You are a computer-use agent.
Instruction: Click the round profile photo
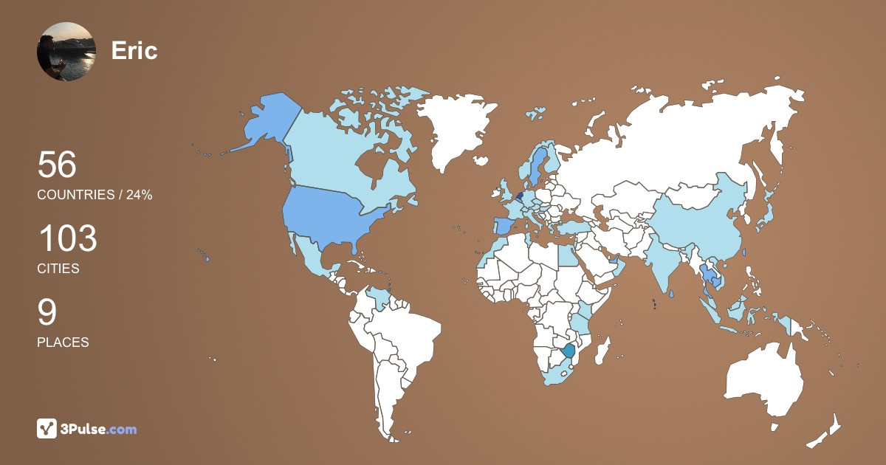(x=66, y=51)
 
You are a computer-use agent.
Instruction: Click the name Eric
(x=134, y=51)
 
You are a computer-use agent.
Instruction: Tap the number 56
(x=57, y=165)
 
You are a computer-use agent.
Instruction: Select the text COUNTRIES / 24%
(x=95, y=195)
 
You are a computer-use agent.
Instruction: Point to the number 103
(x=67, y=239)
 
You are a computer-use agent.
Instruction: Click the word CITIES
(x=58, y=269)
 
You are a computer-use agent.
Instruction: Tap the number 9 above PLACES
(x=47, y=312)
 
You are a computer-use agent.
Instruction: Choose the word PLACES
(x=63, y=342)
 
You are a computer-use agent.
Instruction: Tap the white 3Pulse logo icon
(x=47, y=429)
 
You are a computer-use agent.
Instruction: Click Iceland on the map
(x=535, y=114)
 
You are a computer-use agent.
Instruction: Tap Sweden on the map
(x=536, y=166)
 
